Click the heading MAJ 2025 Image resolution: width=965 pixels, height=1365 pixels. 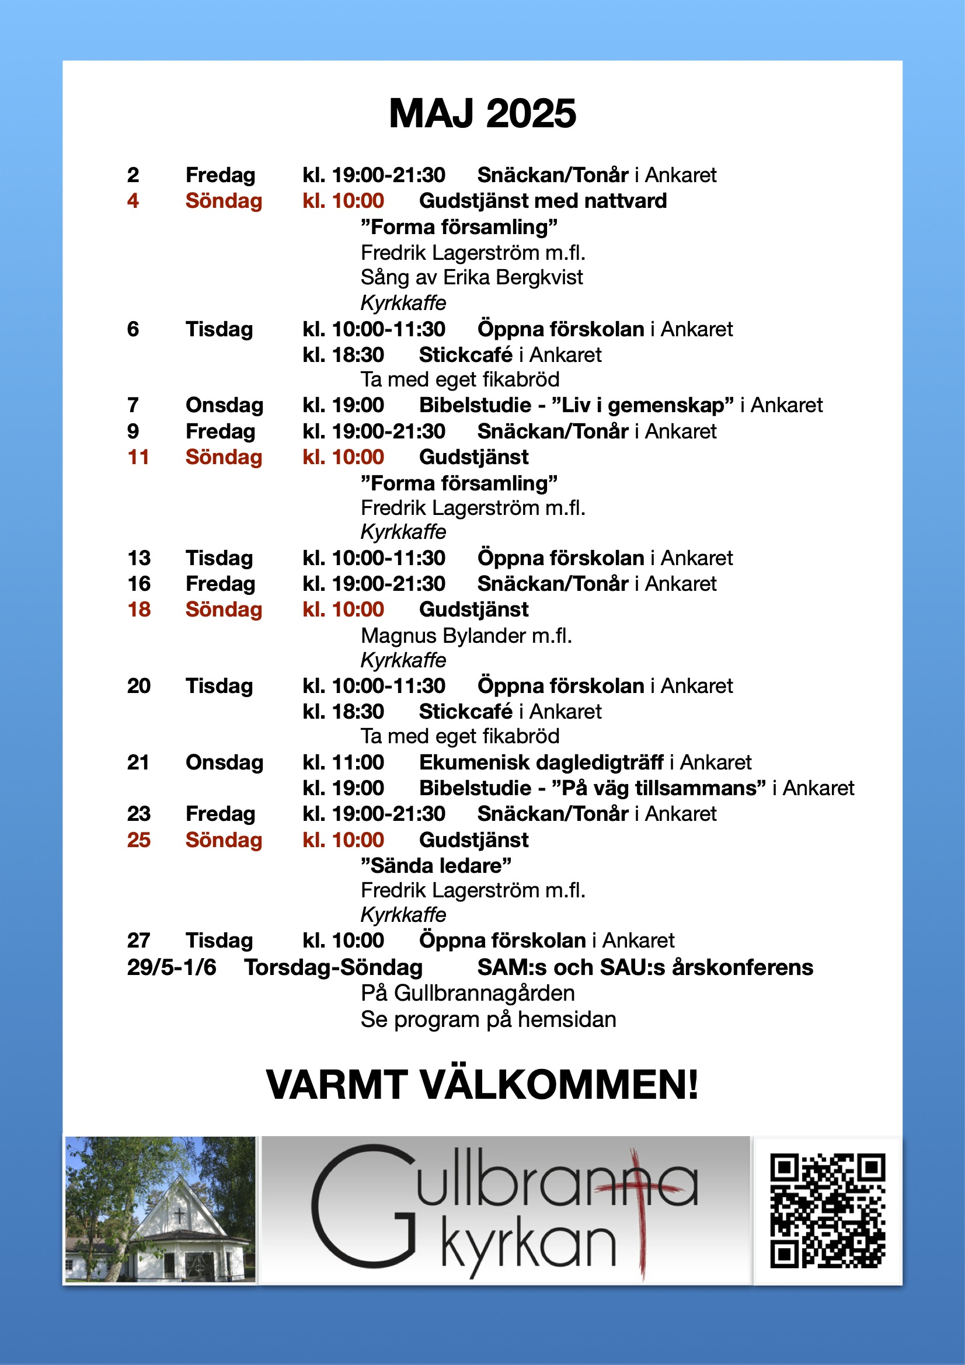[x=482, y=113]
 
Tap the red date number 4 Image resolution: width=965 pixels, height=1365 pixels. [x=133, y=201]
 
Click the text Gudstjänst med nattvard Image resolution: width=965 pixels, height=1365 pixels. [x=542, y=201]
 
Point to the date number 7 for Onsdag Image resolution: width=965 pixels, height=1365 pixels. [x=133, y=405]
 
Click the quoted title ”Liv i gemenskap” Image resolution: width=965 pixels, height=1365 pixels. [x=642, y=405]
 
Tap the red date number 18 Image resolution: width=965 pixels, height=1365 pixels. [x=138, y=610]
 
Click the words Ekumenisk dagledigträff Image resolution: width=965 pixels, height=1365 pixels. [x=541, y=762]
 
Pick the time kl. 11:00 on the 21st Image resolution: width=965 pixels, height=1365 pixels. [x=343, y=762]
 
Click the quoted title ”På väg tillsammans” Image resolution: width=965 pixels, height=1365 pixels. [x=659, y=788]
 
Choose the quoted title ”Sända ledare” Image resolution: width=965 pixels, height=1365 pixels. [x=436, y=866]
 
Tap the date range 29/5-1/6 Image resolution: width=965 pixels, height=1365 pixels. [x=171, y=968]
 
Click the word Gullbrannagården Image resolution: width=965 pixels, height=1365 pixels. [x=484, y=994]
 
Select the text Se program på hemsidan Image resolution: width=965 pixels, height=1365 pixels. [x=488, y=1019]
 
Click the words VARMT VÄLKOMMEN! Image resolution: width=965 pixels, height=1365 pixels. [x=482, y=1085]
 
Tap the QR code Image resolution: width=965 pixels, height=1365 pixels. [x=828, y=1211]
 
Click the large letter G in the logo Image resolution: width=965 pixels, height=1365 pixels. [x=363, y=1207]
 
